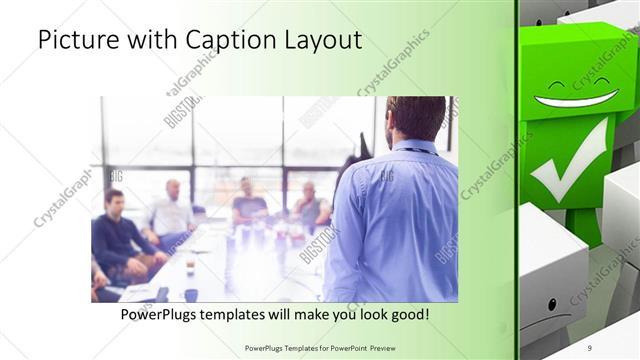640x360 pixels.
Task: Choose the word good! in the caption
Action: (x=408, y=314)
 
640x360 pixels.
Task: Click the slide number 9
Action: (x=589, y=347)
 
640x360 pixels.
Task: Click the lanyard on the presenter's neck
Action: (x=412, y=149)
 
